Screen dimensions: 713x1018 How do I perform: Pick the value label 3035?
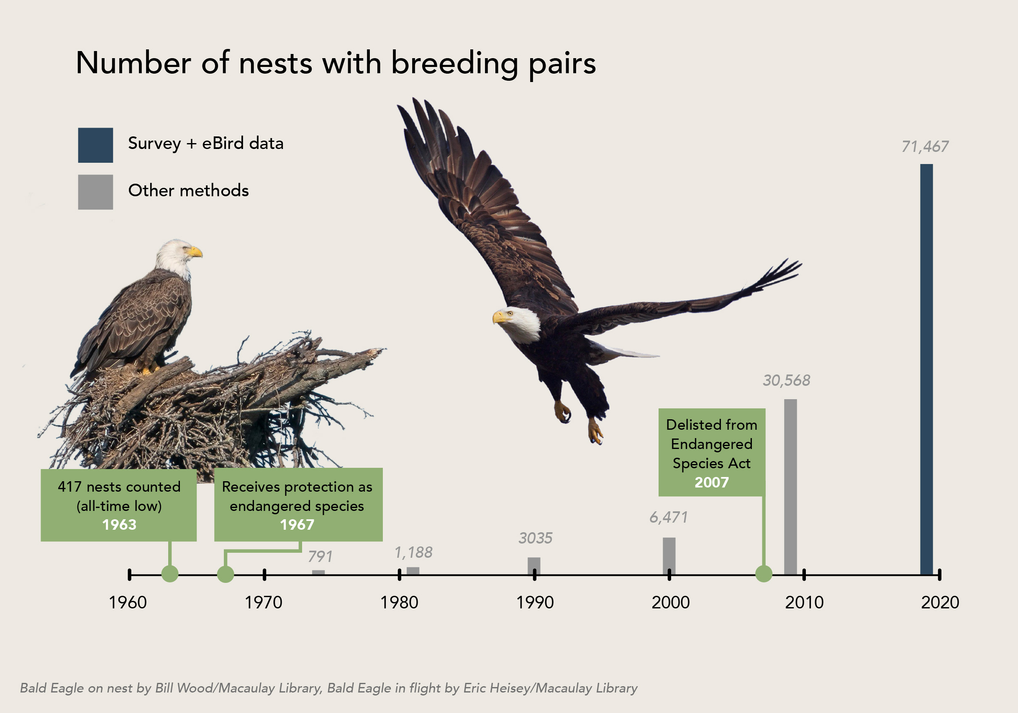coord(535,538)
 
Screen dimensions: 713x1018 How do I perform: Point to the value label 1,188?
coord(413,552)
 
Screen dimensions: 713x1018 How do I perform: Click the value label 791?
coord(320,556)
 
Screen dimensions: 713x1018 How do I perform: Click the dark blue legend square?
coord(95,145)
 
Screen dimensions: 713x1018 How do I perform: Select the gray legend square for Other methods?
coord(95,192)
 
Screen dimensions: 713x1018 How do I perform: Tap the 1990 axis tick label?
coord(535,602)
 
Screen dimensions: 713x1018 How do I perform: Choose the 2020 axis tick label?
coord(939,602)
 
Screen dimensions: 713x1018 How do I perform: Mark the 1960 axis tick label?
coord(128,602)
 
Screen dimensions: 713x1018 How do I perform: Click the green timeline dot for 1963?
coord(170,574)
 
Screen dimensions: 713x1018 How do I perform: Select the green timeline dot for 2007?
coord(764,574)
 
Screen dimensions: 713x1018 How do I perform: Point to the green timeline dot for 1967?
coord(225,574)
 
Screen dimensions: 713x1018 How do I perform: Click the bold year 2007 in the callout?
coord(711,482)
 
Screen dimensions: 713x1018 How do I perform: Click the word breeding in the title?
coord(454,63)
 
